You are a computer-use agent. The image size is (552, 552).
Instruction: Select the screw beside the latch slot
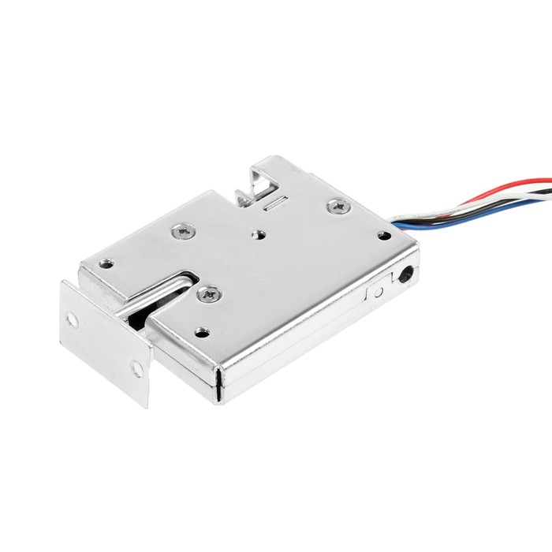coord(211,295)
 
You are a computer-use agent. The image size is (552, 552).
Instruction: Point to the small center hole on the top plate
coord(257,233)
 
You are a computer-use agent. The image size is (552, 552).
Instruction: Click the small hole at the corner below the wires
coord(384,235)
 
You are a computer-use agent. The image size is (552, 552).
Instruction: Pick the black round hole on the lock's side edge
coord(405,276)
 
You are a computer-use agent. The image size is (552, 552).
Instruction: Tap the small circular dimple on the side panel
coord(378,291)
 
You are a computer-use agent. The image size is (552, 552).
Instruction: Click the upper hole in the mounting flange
coord(73,319)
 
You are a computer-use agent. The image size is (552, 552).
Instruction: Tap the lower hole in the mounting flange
coord(136,368)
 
